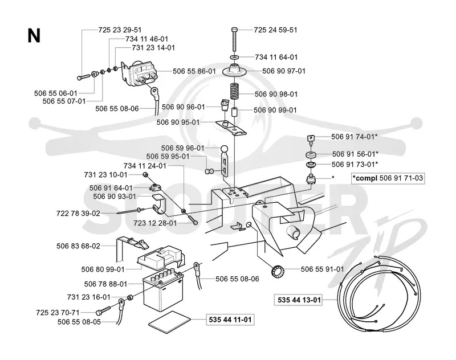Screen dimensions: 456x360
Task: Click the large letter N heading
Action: click(x=34, y=36)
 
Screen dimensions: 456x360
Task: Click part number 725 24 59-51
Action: click(x=275, y=30)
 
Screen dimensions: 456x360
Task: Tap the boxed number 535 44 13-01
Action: click(x=299, y=300)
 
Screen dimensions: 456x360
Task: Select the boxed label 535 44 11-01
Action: click(x=230, y=320)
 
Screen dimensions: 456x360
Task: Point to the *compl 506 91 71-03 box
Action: click(x=388, y=178)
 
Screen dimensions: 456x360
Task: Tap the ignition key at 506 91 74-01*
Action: click(x=310, y=140)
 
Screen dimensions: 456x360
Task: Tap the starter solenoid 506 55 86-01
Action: click(x=140, y=73)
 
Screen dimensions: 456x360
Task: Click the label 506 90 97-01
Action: click(x=284, y=71)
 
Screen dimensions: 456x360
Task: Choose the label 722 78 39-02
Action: click(x=78, y=214)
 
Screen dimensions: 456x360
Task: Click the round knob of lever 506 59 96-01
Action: click(x=225, y=149)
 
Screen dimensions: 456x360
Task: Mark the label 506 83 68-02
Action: click(x=78, y=246)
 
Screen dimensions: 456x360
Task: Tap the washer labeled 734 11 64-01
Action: click(x=235, y=56)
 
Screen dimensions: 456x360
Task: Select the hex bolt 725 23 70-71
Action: click(x=103, y=310)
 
